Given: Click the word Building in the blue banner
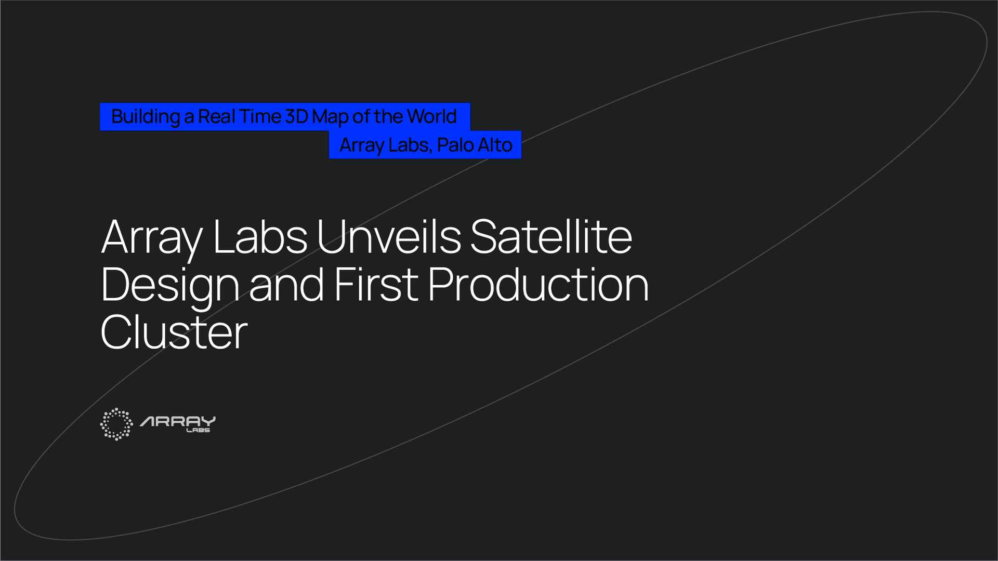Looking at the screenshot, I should tap(146, 117).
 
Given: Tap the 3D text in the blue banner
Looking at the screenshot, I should tap(297, 117).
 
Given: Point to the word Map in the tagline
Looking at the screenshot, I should tap(330, 117).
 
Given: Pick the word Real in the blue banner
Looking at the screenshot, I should tap(216, 117).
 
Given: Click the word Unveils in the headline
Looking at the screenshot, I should tap(389, 237).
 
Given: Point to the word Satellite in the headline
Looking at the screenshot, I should tap(551, 237).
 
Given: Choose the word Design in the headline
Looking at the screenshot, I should tap(169, 285).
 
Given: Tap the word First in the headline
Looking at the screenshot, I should tap(376, 285).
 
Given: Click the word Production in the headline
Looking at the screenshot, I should tap(539, 285).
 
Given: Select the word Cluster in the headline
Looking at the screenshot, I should tap(174, 332).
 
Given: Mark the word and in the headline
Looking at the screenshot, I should tap(286, 285).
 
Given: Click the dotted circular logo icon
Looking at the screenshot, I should tap(116, 424).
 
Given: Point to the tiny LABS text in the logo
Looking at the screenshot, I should tap(199, 430).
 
